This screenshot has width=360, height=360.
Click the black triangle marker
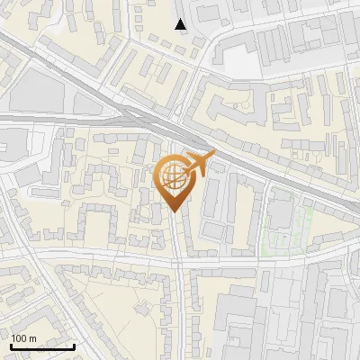[181, 24]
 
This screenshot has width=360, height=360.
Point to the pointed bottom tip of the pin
[174, 212]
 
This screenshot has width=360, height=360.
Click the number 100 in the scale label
[20, 338]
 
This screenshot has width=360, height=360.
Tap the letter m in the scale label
[32, 338]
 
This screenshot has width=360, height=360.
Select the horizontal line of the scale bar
[42, 347]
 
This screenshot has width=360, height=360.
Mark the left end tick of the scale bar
[11, 346]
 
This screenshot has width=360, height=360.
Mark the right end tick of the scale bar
[74, 346]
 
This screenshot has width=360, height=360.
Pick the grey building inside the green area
[280, 212]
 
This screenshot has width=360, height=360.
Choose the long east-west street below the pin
[108, 257]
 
